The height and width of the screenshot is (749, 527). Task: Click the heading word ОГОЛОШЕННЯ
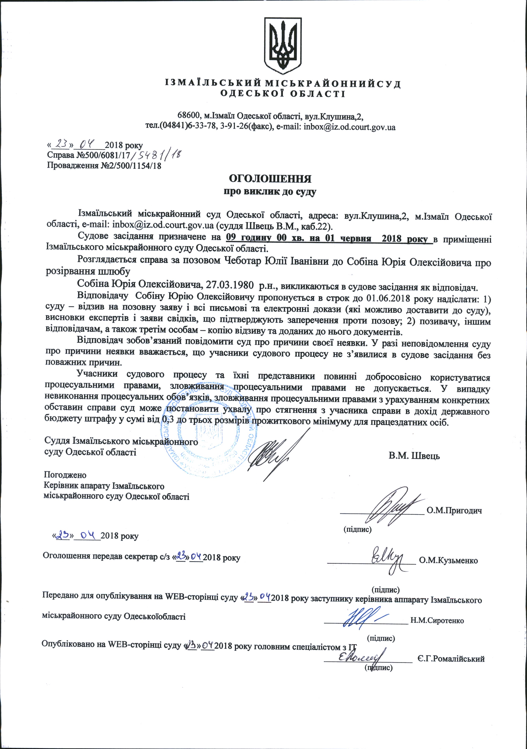point(270,179)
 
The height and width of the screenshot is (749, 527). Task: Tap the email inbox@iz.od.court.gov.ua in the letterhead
point(350,127)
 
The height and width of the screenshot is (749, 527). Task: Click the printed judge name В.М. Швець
point(414,456)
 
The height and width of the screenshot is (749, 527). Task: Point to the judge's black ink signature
point(277,455)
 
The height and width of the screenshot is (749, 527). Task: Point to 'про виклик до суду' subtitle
point(270,192)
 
